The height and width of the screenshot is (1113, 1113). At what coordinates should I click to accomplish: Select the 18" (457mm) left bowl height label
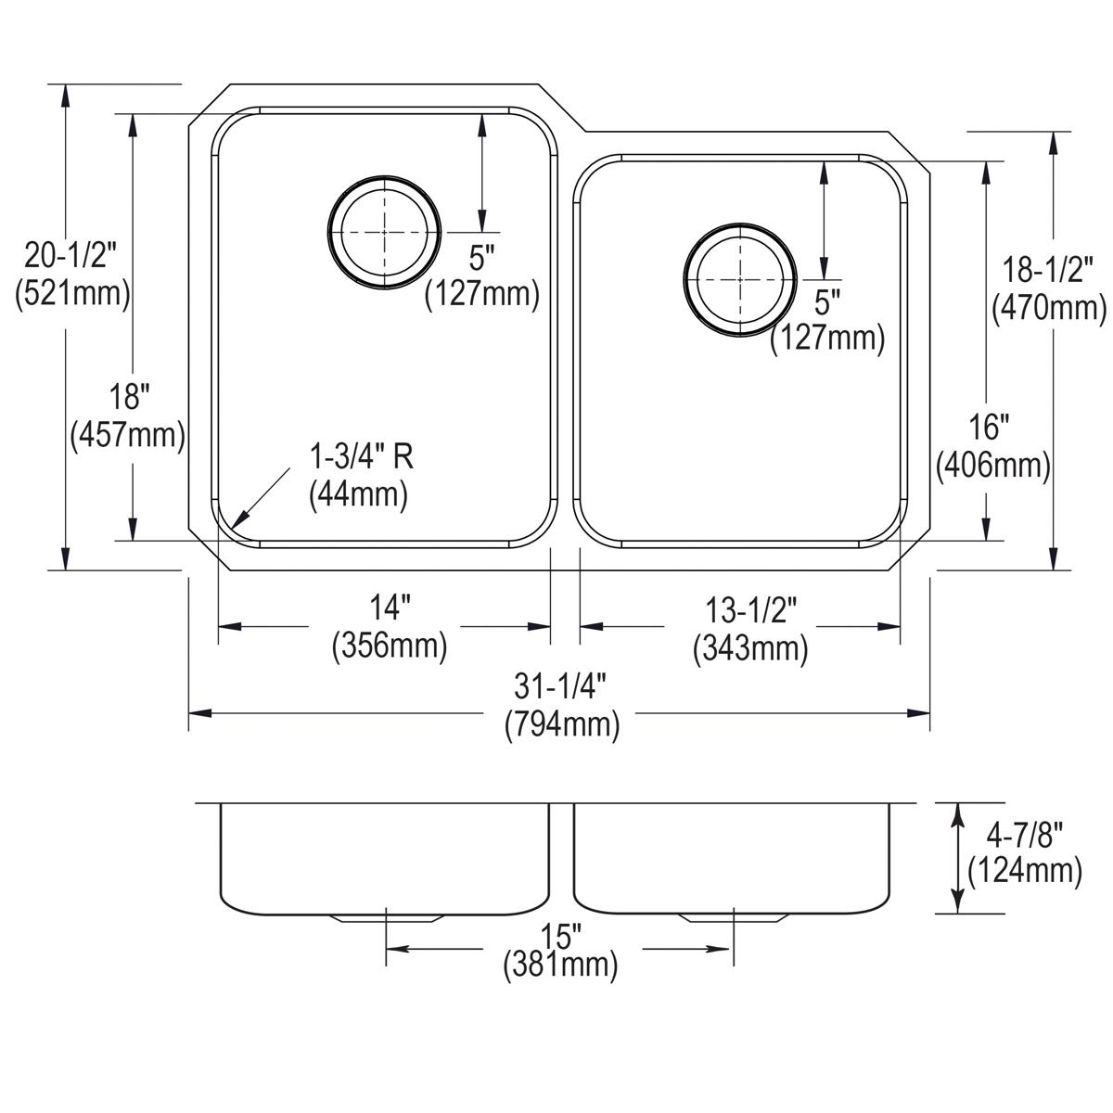[128, 416]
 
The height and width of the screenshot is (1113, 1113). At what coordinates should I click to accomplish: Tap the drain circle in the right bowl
[739, 279]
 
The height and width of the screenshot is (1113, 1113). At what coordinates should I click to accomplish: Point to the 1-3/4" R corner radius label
[361, 474]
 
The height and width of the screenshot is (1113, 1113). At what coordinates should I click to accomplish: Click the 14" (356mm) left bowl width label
[390, 628]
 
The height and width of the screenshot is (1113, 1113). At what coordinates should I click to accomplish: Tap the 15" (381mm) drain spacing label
[560, 950]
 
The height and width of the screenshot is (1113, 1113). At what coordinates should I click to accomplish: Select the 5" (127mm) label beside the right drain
[827, 321]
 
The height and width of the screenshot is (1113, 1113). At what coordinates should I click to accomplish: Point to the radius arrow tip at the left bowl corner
[236, 526]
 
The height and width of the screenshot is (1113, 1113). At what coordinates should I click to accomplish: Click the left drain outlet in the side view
[384, 918]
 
